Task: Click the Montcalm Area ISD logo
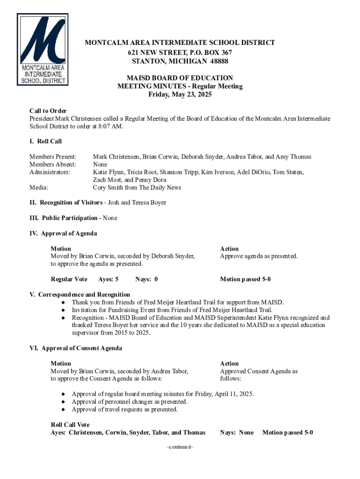coord(43,49)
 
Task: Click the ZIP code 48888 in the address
coord(218,61)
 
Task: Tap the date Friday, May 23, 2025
coord(180,94)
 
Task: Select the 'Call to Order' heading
coord(48,111)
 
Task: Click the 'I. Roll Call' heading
coord(46,141)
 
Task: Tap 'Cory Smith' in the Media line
coord(109,188)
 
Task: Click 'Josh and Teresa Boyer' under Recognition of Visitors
coord(137,203)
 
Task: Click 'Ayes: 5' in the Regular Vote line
coord(108,279)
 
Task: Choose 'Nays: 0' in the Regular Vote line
coord(146,279)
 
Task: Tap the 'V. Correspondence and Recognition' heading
coord(79,295)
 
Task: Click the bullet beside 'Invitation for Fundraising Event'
coord(63,310)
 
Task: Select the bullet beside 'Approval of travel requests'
coord(63,409)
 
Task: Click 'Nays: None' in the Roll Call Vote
coord(237,432)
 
